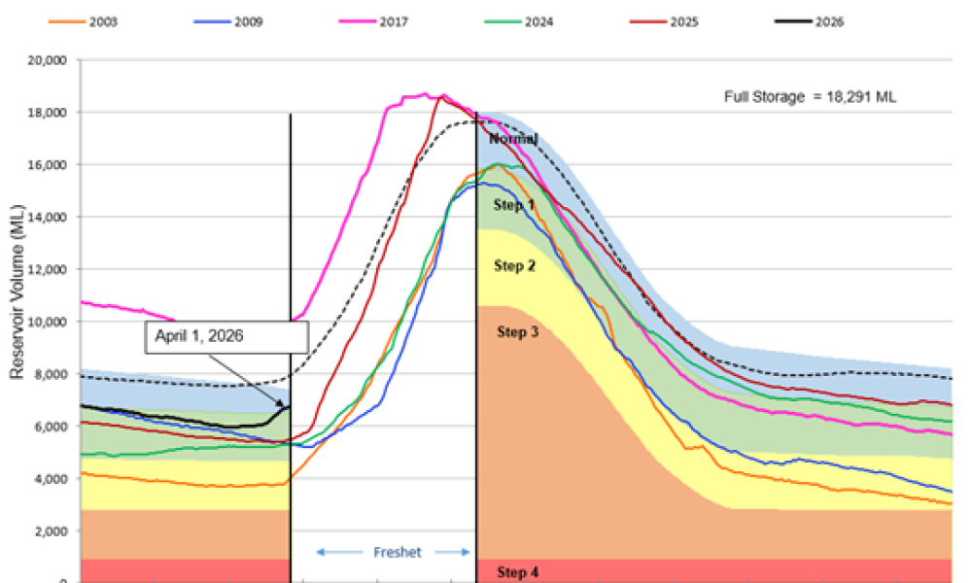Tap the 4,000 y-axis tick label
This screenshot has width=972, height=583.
[x=48, y=479]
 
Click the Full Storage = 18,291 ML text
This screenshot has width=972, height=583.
[x=816, y=96]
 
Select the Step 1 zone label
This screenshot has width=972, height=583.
[x=514, y=206]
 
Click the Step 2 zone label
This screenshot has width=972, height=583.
[x=514, y=266]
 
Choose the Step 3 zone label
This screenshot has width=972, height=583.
[x=518, y=332]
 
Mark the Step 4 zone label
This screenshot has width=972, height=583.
[x=517, y=572]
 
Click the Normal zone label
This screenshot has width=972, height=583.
[x=512, y=139]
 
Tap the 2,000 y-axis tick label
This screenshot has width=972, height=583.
[x=48, y=532]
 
